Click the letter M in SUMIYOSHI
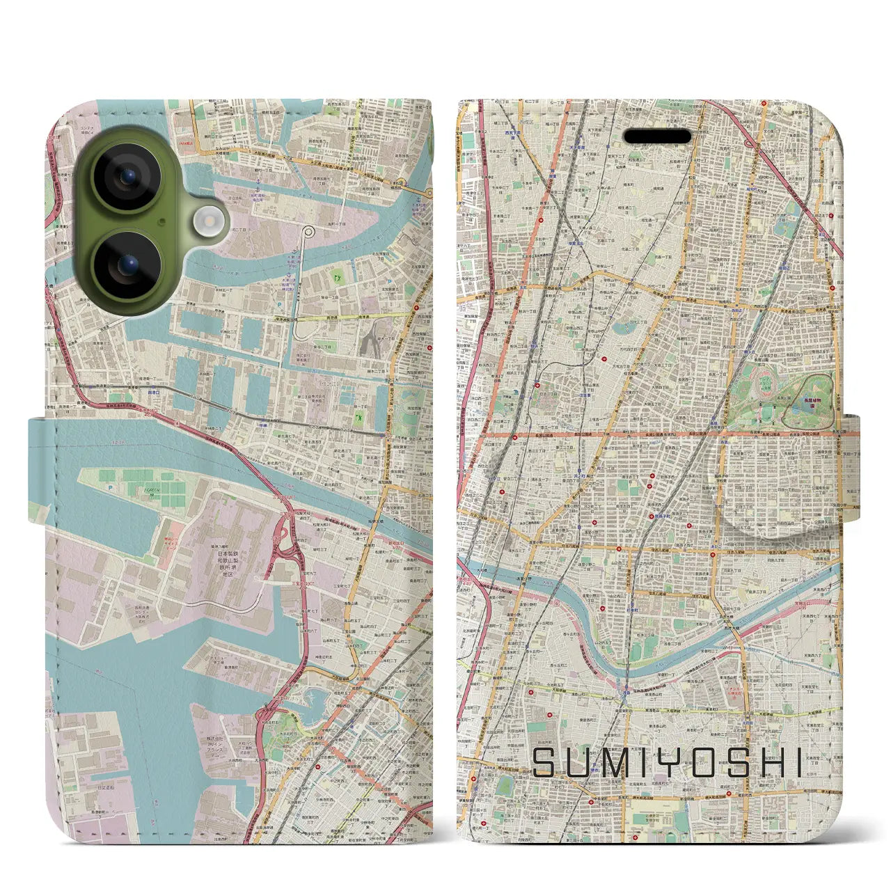pos(613,764)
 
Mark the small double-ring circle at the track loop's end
pos(308,230)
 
